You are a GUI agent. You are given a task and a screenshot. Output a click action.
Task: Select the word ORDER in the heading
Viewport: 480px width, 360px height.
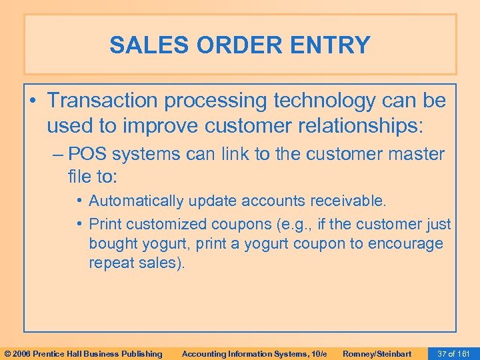click(x=237, y=45)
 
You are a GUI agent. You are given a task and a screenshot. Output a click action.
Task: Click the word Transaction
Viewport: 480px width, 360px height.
click(x=109, y=101)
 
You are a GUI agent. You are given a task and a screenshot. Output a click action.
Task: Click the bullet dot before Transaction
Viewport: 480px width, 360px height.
click(x=34, y=101)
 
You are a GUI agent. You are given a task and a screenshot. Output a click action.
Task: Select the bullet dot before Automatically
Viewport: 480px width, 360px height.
click(x=79, y=201)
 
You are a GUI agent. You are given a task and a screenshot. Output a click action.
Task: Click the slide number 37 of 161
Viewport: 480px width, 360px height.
click(x=453, y=353)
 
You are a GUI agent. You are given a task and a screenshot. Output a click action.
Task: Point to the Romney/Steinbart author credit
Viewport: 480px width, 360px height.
click(x=377, y=353)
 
